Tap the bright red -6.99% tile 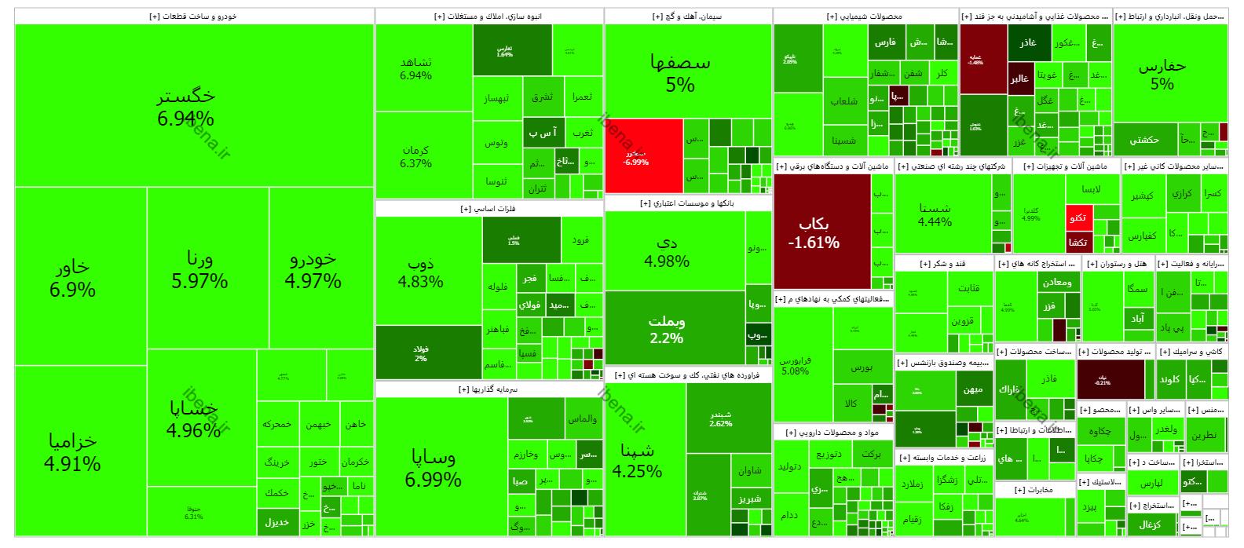(643, 155)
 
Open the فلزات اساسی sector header (488, 209)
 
